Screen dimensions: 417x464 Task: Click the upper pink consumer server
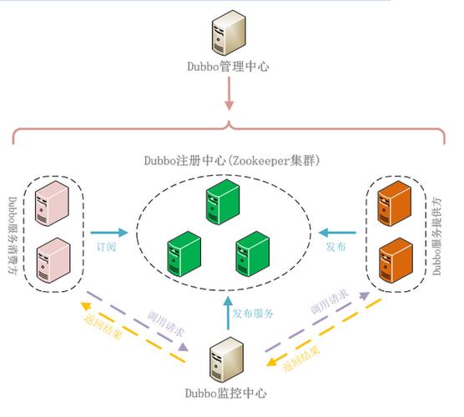click(53, 205)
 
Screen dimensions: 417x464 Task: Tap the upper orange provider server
click(394, 205)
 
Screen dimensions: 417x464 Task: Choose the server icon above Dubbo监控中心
click(226, 357)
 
